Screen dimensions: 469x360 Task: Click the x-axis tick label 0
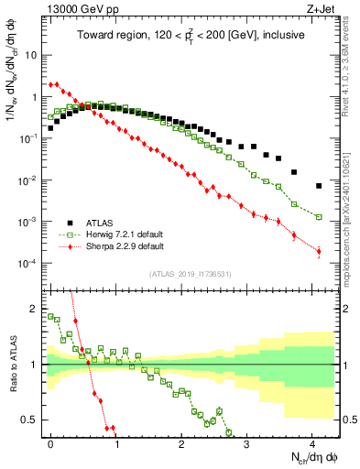50,442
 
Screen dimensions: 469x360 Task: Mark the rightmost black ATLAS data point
319,186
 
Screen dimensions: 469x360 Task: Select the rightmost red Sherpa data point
319,251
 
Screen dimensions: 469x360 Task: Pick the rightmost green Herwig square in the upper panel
319,217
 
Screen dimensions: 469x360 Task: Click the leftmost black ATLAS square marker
50,128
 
